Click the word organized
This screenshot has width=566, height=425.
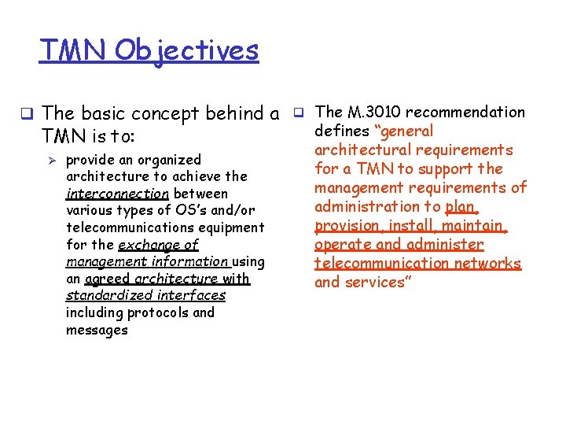(165, 160)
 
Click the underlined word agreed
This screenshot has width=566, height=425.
(108, 279)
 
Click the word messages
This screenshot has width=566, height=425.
(97, 330)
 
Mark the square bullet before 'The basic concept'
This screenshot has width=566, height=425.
(27, 114)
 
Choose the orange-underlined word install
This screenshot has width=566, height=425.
(415, 225)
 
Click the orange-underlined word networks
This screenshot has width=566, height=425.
(492, 263)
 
